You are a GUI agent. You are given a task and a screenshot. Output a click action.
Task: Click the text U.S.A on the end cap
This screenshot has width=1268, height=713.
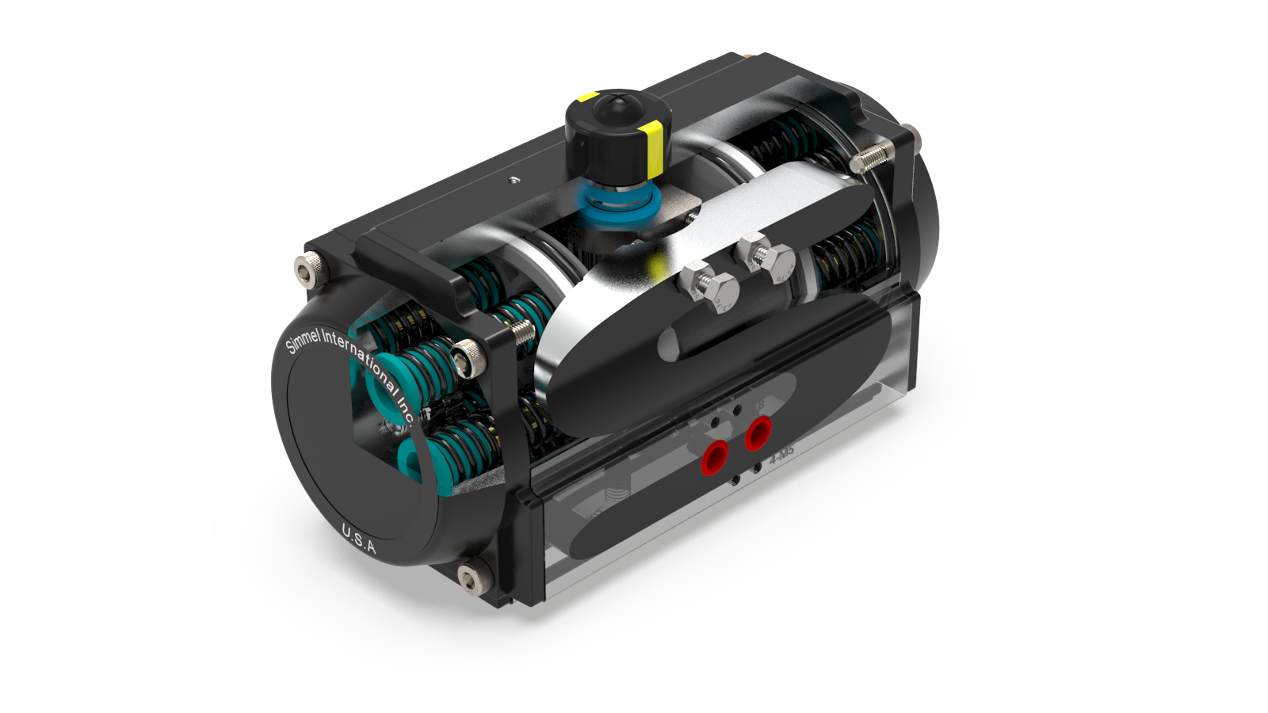click(359, 539)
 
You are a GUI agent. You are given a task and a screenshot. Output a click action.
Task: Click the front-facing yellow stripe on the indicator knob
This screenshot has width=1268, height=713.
click(654, 149)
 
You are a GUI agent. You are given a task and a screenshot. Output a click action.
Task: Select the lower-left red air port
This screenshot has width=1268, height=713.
click(715, 457)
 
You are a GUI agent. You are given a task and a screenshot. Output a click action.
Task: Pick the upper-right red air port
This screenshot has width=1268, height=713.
click(758, 433)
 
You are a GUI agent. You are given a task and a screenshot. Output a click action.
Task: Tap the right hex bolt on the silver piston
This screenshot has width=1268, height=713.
click(766, 259)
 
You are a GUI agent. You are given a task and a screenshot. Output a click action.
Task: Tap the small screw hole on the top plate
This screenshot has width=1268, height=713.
click(513, 179)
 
